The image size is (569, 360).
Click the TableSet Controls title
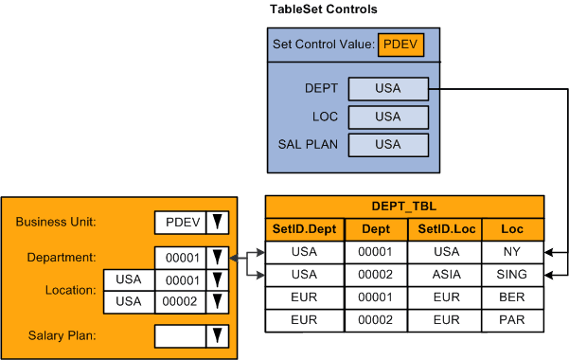pyautogui.click(x=324, y=9)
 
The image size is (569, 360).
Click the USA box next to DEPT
pyautogui.click(x=387, y=89)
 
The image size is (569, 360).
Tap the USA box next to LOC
pyautogui.click(x=387, y=117)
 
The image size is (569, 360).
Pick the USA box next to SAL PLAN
pyautogui.click(x=387, y=144)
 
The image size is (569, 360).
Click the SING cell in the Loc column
pyautogui.click(x=512, y=275)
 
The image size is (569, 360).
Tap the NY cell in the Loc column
pyautogui.click(x=512, y=252)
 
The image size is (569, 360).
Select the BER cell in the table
pyautogui.click(x=512, y=297)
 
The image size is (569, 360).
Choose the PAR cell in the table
pyautogui.click(x=512, y=320)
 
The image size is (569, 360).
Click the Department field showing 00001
pyautogui.click(x=179, y=258)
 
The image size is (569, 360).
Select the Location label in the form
pyautogui.click(x=69, y=291)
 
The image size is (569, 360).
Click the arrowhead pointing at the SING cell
pyautogui.click(x=551, y=275)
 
